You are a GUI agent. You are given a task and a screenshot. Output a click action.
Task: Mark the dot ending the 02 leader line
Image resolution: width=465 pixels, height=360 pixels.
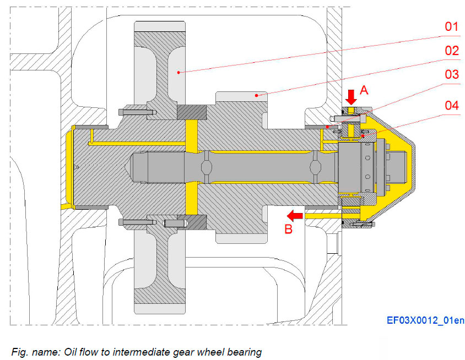256,95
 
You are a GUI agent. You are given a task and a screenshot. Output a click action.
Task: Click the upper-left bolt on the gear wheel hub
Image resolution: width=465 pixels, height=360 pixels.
135,112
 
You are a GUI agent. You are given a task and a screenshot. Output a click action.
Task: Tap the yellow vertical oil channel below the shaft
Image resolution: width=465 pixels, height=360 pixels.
191,199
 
